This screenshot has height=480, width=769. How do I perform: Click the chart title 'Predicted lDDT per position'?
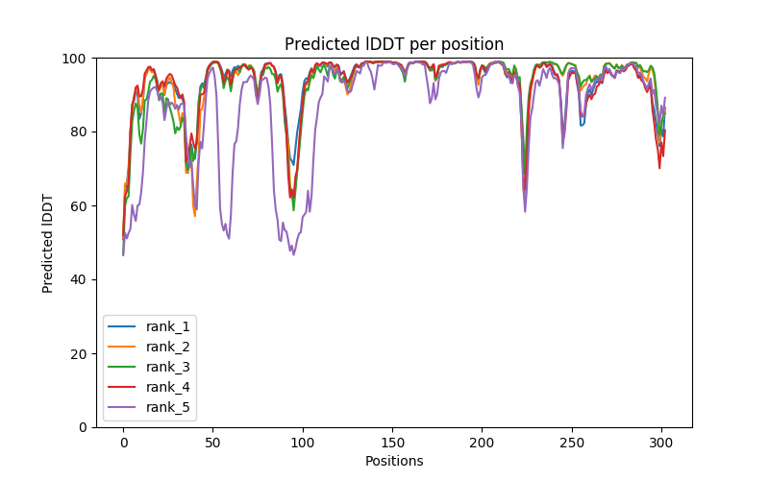394,44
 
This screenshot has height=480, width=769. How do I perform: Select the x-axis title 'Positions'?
394,461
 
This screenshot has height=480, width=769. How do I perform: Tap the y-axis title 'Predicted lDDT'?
48,242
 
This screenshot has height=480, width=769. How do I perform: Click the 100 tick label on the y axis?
75,59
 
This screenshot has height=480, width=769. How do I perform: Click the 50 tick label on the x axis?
212,442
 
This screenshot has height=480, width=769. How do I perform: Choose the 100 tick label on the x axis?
303,442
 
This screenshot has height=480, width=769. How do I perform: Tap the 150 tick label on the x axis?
392,442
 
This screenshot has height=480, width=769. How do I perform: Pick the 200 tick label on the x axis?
482,442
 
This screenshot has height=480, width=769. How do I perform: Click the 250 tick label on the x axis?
572,442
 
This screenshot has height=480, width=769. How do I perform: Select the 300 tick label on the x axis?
661,442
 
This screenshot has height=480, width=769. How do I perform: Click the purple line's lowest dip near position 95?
293,254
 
